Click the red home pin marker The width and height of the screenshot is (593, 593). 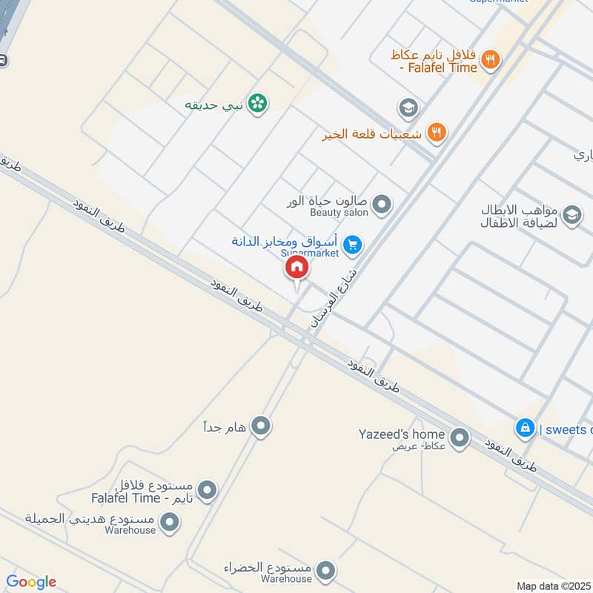296,268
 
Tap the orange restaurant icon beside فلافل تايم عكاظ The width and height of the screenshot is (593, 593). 489,59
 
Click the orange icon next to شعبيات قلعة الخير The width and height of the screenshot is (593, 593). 438,132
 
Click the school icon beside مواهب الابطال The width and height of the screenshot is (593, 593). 572,215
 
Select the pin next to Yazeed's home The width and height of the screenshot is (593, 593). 460,437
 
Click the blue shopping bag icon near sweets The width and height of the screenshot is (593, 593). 525,428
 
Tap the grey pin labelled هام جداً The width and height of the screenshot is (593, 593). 260,425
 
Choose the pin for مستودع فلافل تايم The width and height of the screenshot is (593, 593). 208,490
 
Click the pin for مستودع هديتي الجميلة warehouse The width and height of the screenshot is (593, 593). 170,523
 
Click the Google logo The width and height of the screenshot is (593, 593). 31,582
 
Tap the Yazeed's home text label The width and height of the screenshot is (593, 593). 402,434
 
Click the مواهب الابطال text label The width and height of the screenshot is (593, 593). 519,210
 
